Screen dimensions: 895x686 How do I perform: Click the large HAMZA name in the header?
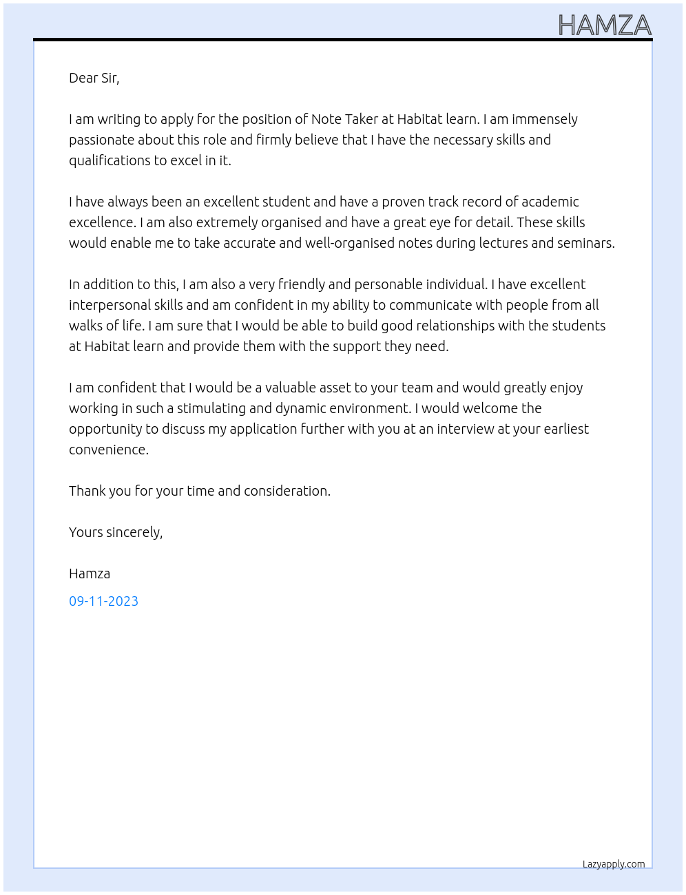(x=605, y=25)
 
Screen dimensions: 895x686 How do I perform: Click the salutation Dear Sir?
(x=94, y=78)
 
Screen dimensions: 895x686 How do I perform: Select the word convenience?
(x=109, y=450)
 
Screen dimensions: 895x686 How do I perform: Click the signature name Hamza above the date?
(x=90, y=573)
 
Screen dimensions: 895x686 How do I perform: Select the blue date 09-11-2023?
(x=103, y=601)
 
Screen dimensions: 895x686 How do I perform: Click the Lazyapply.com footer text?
(x=614, y=864)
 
